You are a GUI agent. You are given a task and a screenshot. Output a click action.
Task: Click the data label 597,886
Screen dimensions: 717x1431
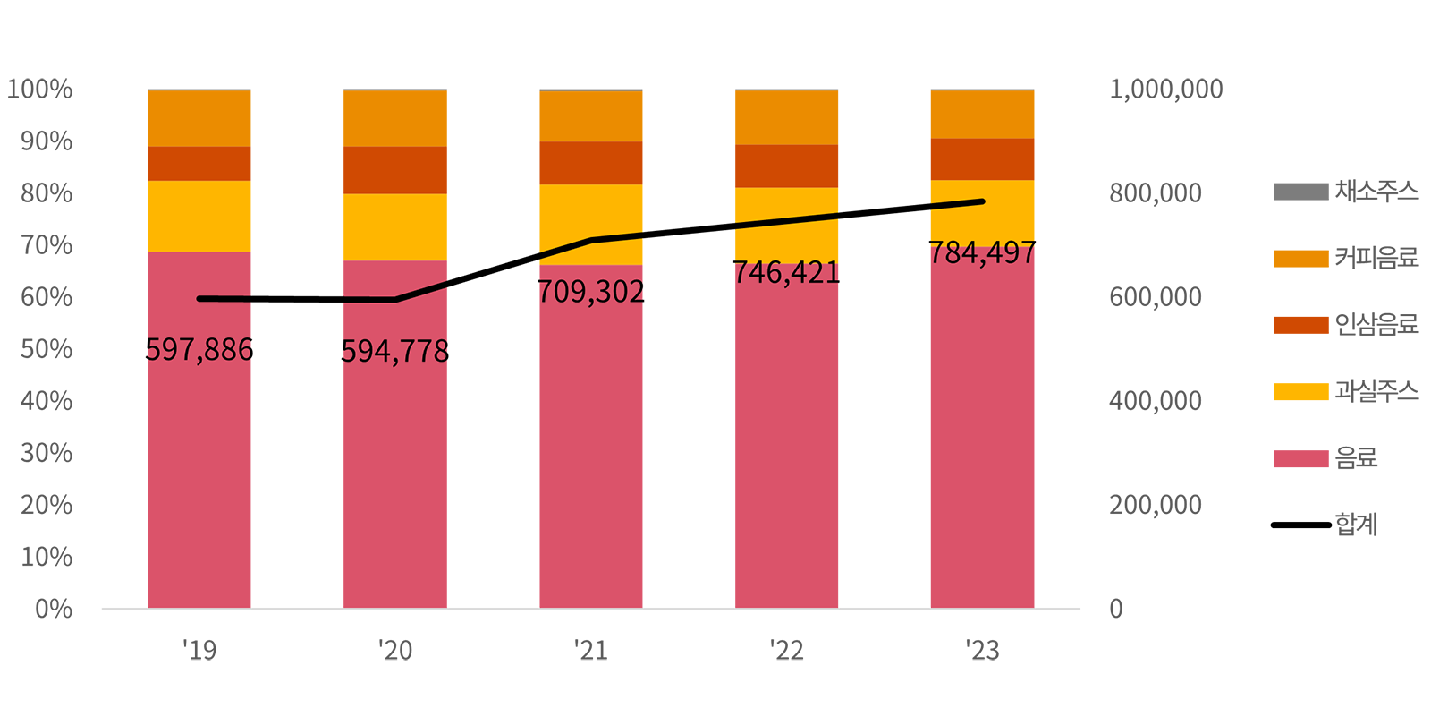coord(199,349)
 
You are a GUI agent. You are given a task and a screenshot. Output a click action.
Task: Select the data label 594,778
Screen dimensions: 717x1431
coord(394,352)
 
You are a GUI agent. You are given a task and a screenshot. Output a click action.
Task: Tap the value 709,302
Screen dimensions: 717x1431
coord(590,292)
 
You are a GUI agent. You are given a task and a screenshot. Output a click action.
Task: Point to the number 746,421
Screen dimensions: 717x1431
coord(786,272)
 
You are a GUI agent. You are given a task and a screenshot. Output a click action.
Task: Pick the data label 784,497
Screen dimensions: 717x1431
coord(982,253)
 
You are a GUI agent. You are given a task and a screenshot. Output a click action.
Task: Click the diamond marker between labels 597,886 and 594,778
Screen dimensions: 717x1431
coord(298,298)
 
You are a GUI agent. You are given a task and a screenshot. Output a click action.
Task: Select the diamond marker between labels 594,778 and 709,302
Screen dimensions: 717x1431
coord(493,270)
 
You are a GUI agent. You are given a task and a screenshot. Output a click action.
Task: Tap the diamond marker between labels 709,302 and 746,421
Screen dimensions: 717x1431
coord(689,231)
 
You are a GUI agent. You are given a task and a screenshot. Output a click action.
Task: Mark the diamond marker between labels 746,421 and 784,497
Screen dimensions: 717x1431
coord(885,211)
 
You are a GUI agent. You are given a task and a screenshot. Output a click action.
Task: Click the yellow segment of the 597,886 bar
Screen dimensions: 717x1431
coord(199,217)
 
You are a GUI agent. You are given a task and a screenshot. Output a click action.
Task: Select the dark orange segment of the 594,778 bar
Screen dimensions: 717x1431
coord(394,170)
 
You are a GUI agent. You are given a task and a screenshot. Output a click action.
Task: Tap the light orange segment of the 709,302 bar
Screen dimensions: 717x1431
coord(590,115)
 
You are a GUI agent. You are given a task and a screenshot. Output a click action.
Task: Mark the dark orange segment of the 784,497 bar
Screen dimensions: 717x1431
coord(982,159)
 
